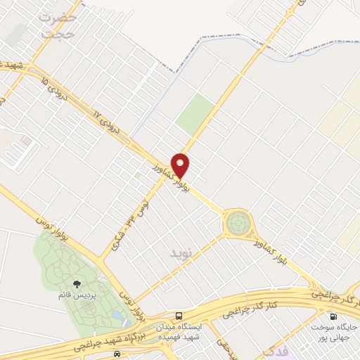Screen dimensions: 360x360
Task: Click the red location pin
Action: click(x=181, y=165)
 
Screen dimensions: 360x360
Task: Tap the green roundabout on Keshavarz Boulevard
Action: click(x=237, y=224)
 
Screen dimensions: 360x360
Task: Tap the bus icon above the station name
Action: click(x=181, y=315)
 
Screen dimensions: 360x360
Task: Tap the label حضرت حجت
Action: click(x=58, y=25)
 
